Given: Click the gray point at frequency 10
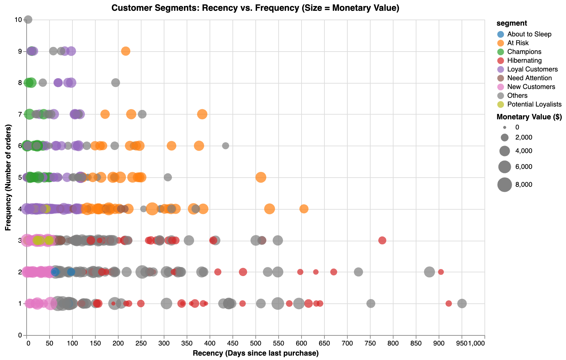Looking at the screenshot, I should coord(28,20).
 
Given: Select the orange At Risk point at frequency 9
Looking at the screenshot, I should coord(126,51).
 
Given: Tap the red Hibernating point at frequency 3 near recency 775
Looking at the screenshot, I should coord(382,240).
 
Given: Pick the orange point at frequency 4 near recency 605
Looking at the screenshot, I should coord(304,209).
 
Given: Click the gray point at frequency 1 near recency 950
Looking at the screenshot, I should coord(462,303).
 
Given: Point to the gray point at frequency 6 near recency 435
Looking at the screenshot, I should coord(226,146).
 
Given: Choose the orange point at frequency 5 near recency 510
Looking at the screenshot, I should coord(260,177).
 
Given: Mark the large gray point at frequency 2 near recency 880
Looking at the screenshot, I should coord(429,272).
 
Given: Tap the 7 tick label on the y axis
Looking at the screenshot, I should coord(20,114).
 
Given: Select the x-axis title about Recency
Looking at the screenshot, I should coord(255,353).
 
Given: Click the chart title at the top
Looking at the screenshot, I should coord(255,8).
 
